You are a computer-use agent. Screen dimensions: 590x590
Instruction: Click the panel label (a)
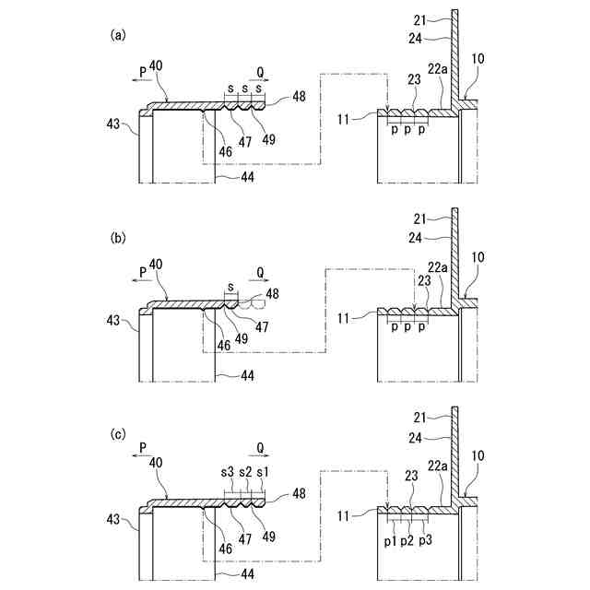click(x=118, y=36)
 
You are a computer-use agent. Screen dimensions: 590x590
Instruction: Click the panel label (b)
click(x=118, y=238)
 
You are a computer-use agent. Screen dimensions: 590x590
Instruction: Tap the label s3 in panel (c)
click(x=227, y=472)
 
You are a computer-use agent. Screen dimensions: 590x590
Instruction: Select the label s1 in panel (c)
click(x=263, y=472)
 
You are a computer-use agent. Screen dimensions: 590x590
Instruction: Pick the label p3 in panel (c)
click(x=425, y=539)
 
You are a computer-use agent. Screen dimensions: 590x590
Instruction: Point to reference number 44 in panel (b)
click(x=247, y=375)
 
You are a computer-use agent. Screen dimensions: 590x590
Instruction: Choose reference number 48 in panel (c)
click(x=300, y=493)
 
